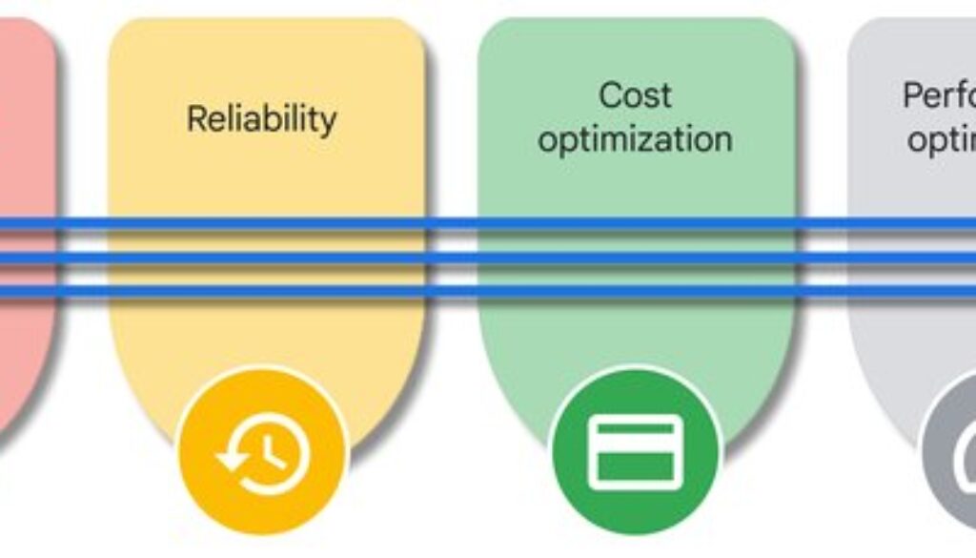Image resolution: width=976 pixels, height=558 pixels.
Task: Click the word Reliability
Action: pos(261,119)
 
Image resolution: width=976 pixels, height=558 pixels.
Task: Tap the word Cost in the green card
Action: pos(635,95)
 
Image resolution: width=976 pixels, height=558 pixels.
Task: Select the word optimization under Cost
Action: pos(635,139)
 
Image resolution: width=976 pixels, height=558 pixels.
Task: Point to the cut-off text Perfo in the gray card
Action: pos(939,95)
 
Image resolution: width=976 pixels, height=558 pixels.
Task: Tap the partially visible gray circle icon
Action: pos(953,458)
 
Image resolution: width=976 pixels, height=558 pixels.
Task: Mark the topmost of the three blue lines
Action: pos(488,225)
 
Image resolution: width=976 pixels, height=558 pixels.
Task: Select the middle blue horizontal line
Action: pos(488,258)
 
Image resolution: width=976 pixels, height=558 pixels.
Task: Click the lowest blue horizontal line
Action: pos(488,291)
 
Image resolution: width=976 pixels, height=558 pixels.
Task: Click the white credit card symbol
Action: pos(636,452)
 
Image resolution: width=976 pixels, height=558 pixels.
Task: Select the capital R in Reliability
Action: pos(196,119)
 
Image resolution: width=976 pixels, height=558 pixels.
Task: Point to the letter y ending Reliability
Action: pos(327,123)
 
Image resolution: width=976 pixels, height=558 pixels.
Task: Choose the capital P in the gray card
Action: pos(913,95)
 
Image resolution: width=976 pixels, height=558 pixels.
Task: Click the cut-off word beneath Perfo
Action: pos(942,140)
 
